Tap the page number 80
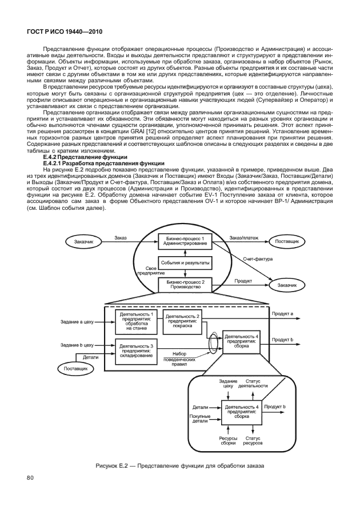point(31,478)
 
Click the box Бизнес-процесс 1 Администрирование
point(185,240)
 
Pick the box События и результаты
point(185,262)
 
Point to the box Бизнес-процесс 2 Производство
point(185,284)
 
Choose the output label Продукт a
point(282,314)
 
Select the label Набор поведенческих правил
point(179,358)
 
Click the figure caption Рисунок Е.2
point(179,466)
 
